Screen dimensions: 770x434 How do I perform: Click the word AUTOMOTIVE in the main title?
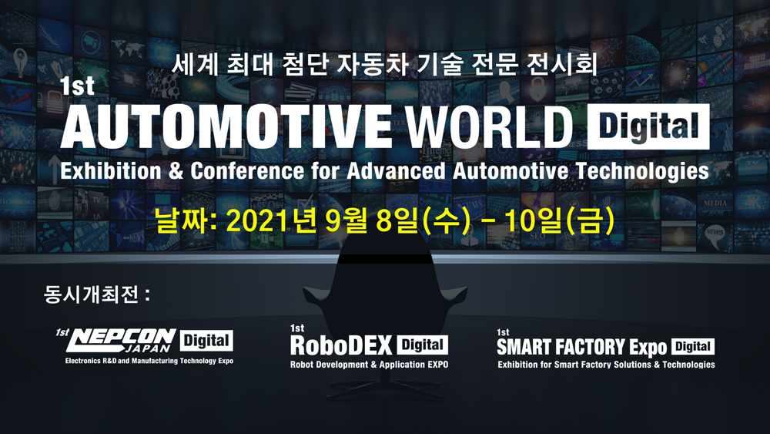[226, 127]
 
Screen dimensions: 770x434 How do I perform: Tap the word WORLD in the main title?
[490, 127]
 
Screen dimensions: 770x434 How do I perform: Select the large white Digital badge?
[648, 126]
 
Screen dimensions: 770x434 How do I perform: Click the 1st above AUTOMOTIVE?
[77, 86]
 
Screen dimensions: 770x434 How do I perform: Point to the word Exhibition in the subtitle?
[110, 172]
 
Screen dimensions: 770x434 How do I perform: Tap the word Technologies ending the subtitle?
[643, 172]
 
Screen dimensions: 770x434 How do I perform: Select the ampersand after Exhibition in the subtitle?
[176, 172]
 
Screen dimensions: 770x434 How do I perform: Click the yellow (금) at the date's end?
[590, 221]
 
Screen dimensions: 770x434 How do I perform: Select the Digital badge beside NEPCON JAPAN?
[206, 341]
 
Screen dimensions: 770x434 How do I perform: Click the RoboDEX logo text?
[341, 345]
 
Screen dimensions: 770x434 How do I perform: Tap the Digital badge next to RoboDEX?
[422, 345]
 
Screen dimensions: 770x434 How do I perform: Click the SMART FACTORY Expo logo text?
[581, 347]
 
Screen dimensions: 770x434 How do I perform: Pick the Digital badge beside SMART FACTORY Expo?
[693, 347]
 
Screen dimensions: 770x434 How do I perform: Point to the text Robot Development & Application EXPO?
[370, 365]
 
